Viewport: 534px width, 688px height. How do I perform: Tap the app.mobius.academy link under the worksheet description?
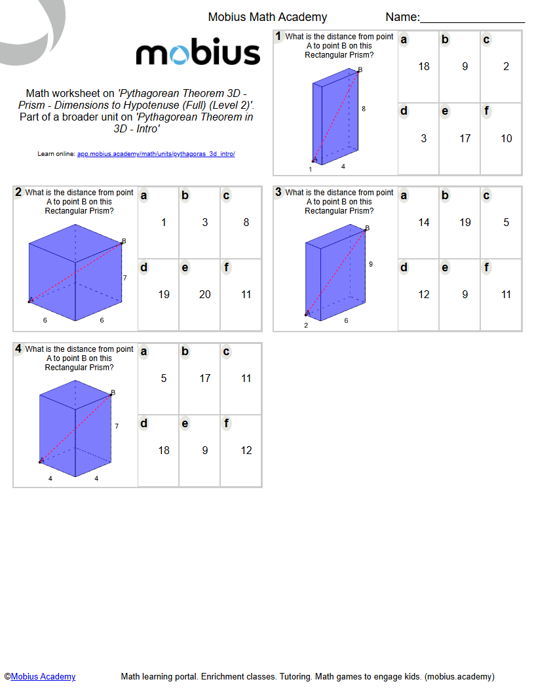tap(156, 154)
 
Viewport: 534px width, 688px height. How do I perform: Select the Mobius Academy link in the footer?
tap(43, 677)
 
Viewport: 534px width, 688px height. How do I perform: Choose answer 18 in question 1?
tap(424, 66)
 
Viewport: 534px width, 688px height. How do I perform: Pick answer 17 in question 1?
tap(465, 138)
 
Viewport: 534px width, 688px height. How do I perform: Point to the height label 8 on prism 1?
tap(364, 109)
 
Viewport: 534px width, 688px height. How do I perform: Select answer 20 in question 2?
tap(205, 294)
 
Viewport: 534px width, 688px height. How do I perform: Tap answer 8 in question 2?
tap(246, 222)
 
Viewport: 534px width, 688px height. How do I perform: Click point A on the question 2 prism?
tap(30, 301)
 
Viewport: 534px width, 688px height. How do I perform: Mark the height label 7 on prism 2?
tap(124, 278)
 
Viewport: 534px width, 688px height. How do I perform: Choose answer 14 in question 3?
tap(424, 222)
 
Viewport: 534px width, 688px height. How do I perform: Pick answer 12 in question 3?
tap(424, 294)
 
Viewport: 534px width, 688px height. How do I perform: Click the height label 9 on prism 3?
tap(371, 264)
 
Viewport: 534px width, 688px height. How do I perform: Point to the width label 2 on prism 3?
tap(306, 325)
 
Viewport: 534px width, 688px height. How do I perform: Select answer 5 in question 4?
tap(164, 378)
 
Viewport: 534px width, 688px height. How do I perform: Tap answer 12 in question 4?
tap(246, 450)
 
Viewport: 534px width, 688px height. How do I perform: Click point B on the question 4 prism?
tap(112, 394)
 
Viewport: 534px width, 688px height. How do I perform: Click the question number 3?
tap(278, 193)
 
